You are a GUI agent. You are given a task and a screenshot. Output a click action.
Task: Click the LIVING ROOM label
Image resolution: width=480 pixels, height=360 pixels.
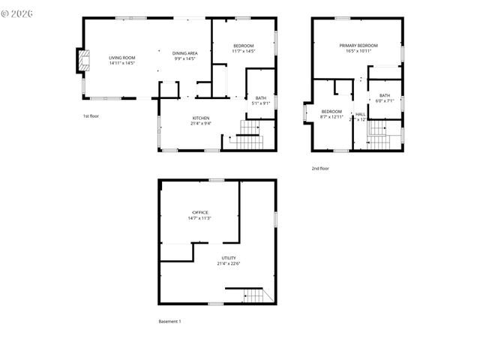coord(121,58)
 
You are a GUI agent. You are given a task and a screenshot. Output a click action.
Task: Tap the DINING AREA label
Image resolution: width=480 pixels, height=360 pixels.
coord(184,53)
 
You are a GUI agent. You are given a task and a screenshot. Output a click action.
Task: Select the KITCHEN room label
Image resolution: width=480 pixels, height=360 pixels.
coord(200,118)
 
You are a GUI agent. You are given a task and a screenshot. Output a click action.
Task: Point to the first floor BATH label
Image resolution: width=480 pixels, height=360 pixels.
coord(260,97)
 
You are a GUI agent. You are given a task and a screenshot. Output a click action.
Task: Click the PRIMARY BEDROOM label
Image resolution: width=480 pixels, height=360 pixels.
coord(358,46)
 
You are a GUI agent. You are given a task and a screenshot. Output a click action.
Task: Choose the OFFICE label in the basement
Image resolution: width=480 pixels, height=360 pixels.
coord(199,212)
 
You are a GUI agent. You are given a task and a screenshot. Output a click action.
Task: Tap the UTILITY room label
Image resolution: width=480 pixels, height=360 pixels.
coord(228,258)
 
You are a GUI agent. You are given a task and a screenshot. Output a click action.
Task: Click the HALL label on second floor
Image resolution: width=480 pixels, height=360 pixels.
coord(360,114)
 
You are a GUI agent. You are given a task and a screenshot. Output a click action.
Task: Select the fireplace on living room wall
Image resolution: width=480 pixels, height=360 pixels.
coord(80,61)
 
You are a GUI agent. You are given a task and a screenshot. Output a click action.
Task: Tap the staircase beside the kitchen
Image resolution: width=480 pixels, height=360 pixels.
coord(248,138)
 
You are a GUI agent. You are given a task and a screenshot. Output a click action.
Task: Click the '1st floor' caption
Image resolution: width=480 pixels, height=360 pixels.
coord(91,116)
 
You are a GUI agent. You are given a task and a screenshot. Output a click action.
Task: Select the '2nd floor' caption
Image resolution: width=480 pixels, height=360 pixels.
coord(320,169)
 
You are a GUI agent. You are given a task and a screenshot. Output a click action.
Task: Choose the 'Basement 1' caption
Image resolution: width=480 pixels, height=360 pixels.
coord(169,321)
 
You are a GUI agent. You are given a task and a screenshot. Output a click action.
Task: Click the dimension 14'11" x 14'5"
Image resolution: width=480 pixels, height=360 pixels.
coord(121,63)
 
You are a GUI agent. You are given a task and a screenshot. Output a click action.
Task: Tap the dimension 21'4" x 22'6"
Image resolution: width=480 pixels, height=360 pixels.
coord(228,263)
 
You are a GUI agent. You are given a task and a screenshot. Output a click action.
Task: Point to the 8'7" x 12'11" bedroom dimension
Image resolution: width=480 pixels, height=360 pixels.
coord(331,117)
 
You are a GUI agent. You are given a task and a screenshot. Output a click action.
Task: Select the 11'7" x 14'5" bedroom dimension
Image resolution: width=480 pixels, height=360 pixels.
coord(243,51)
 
